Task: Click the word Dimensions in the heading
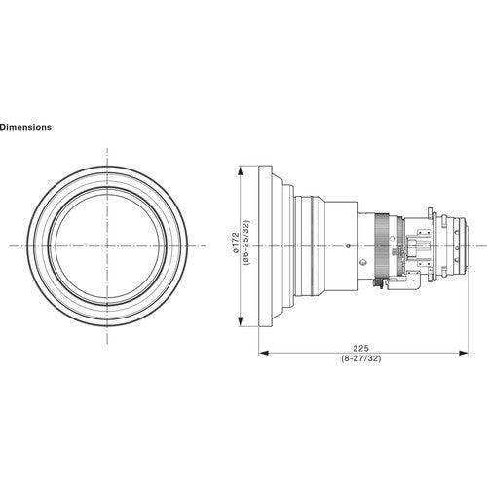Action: click(x=26, y=127)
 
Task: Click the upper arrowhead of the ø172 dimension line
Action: click(x=241, y=168)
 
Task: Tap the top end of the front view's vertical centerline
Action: click(x=104, y=149)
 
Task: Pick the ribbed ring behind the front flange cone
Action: click(x=308, y=247)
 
